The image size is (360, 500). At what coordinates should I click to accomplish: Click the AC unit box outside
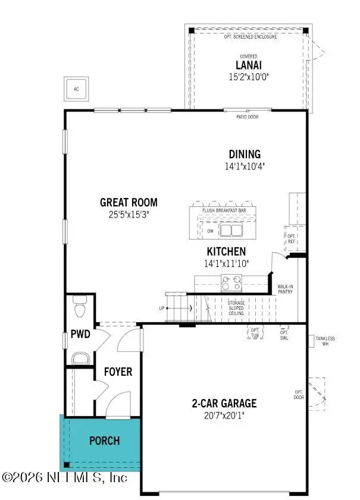pyautogui.click(x=76, y=90)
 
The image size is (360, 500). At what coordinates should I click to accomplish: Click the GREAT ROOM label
pyautogui.click(x=129, y=202)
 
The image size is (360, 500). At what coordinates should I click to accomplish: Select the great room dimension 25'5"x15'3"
pyautogui.click(x=129, y=215)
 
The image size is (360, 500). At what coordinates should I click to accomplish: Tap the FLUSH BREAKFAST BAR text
pyautogui.click(x=224, y=210)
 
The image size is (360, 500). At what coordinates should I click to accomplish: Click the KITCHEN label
pyautogui.click(x=226, y=251)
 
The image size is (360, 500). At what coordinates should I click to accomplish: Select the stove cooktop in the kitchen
pyautogui.click(x=231, y=281)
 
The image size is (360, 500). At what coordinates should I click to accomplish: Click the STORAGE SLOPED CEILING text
pyautogui.click(x=236, y=306)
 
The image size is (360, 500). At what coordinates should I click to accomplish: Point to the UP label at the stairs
pyautogui.click(x=161, y=309)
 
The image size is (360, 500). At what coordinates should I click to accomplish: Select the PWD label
pyautogui.click(x=80, y=334)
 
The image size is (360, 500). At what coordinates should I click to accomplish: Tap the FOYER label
pyautogui.click(x=118, y=372)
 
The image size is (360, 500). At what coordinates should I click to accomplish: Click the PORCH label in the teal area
pyautogui.click(x=104, y=441)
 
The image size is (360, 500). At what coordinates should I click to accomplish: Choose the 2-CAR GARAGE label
pyautogui.click(x=224, y=403)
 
